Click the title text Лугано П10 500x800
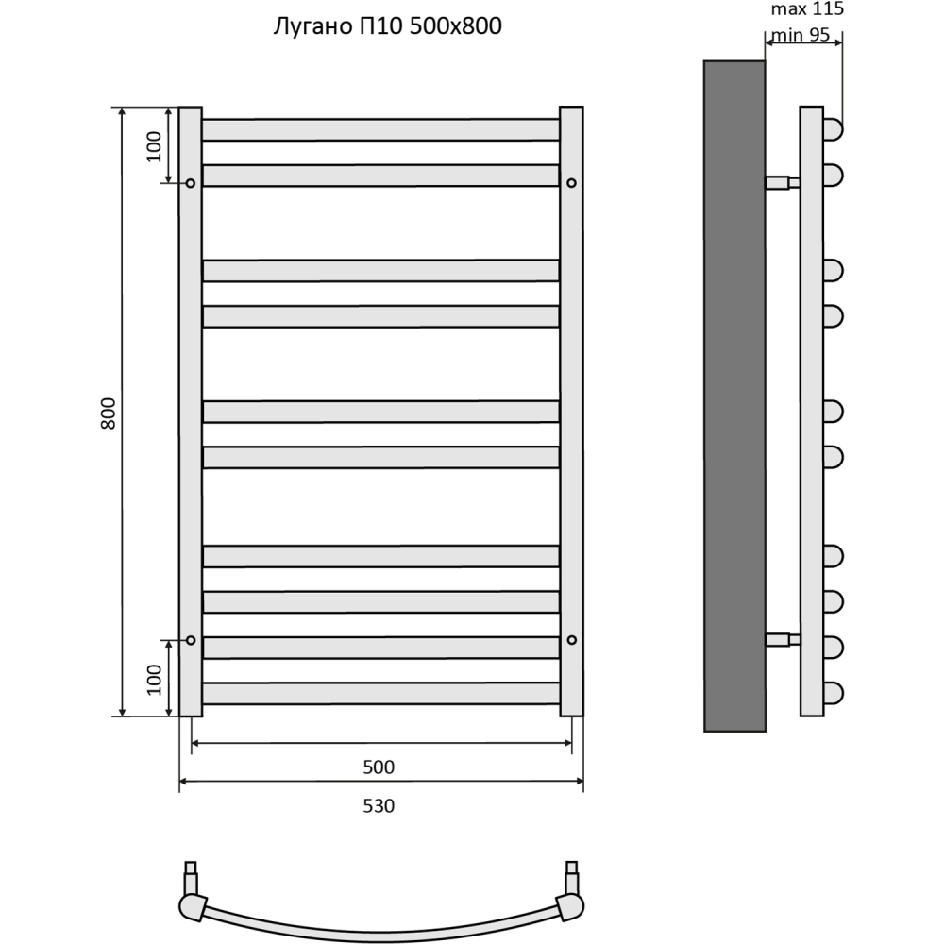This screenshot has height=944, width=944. tap(386, 27)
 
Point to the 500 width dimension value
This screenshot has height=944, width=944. tap(379, 767)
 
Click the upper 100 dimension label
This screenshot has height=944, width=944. tap(155, 146)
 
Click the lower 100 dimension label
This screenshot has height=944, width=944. tap(155, 678)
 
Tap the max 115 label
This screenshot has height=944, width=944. tap(806, 10)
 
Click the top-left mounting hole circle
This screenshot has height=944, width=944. tap(191, 182)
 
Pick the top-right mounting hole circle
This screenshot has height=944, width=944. tap(571, 182)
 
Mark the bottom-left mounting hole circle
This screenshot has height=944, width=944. tap(191, 640)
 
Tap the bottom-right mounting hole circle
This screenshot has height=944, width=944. tap(571, 640)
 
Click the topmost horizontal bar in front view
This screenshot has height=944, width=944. tap(380, 129)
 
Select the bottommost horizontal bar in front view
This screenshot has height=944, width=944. tap(380, 694)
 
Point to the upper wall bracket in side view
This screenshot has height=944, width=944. tap(782, 182)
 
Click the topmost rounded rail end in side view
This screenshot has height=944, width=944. tap(833, 129)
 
